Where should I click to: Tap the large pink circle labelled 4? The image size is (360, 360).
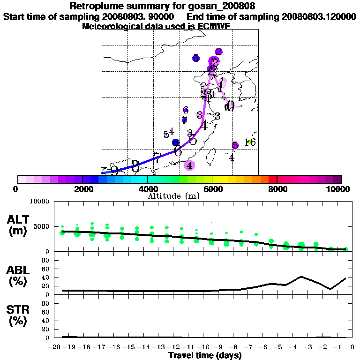189,165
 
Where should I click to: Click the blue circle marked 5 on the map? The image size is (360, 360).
196,58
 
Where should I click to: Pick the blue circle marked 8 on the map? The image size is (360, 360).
175,142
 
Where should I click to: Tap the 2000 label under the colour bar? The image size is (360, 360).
82,189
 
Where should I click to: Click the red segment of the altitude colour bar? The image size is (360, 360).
273,179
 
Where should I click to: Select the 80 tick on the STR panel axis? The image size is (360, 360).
46,303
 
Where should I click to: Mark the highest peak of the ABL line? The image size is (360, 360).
301,277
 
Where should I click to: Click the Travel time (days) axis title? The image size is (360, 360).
205,356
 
